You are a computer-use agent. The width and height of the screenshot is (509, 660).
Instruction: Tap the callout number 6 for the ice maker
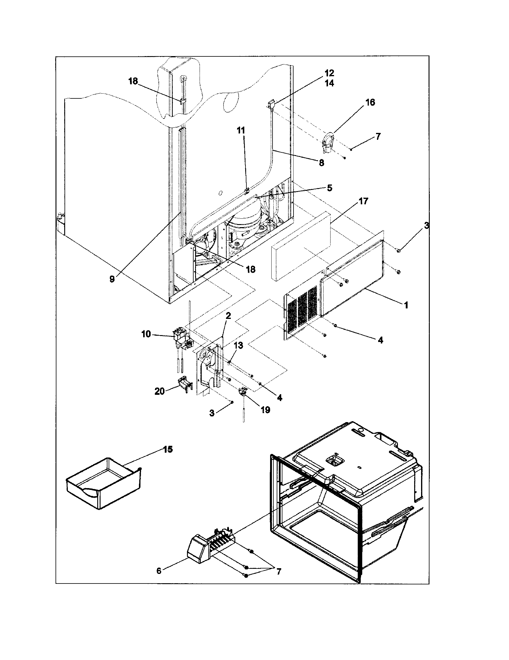(x=159, y=571)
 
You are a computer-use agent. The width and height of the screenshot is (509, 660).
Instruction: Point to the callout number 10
(x=146, y=334)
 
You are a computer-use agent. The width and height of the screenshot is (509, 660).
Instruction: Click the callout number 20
(x=160, y=391)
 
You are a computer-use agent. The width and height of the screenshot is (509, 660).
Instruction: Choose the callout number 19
(x=265, y=410)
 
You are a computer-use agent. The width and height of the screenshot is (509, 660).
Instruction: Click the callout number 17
(x=363, y=201)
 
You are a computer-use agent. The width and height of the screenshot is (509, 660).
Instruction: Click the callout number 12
(x=329, y=73)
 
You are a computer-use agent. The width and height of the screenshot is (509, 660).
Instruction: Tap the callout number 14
(x=329, y=83)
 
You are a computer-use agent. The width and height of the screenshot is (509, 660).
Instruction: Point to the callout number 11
(x=241, y=130)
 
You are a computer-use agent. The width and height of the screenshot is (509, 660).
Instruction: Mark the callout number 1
(x=406, y=305)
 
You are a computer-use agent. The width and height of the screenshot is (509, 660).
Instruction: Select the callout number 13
(x=239, y=345)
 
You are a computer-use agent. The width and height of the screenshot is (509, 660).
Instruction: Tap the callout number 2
(x=228, y=316)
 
